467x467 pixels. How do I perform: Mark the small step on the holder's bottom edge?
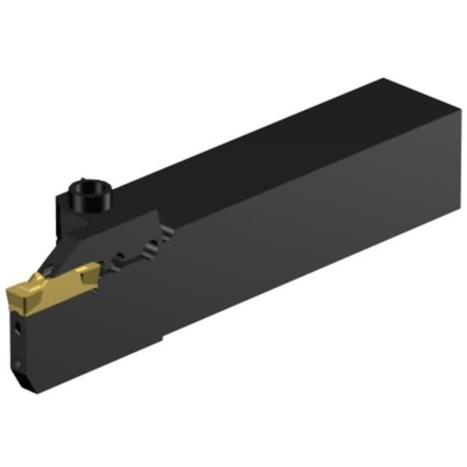pos(161,339)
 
